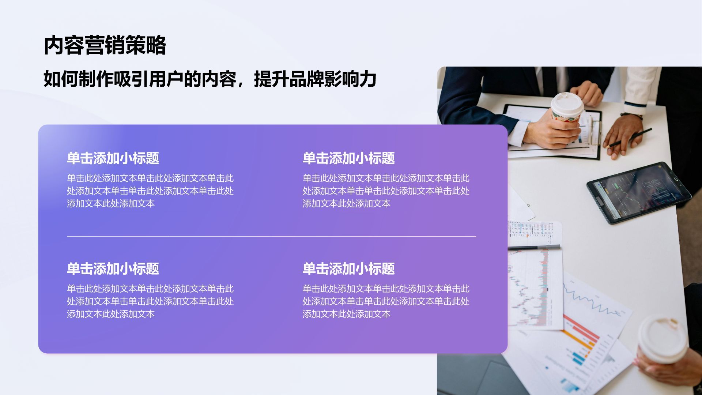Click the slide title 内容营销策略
(x=105, y=45)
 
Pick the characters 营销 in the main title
(x=105, y=45)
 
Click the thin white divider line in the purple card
(x=271, y=237)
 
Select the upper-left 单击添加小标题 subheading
(x=113, y=158)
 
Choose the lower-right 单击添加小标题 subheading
(x=348, y=269)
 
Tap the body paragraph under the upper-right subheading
(x=386, y=191)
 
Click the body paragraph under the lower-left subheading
(x=150, y=301)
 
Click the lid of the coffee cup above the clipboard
(x=567, y=102)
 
